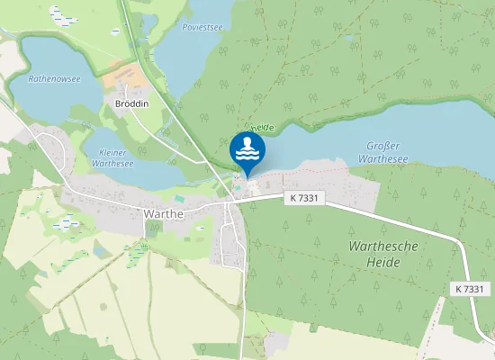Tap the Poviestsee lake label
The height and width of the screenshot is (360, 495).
click(202, 28)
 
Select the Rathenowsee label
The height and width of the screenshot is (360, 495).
click(54, 79)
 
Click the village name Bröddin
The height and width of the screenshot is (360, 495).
click(133, 104)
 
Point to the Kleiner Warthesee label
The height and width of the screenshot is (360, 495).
click(114, 158)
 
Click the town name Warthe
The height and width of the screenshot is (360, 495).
click(164, 214)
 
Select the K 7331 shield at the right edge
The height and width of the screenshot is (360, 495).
click(470, 289)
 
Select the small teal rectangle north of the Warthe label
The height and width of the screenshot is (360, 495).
click(179, 198)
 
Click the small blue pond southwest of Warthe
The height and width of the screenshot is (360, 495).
click(100, 252)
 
